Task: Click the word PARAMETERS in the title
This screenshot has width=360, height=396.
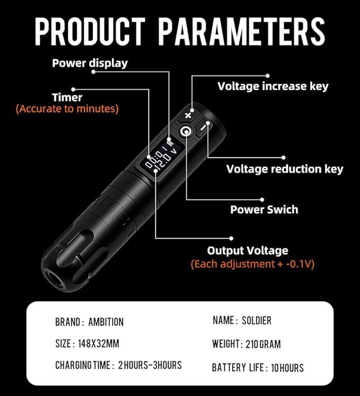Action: click(242, 31)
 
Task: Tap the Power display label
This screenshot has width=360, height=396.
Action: click(90, 63)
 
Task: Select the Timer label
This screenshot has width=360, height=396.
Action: click(67, 98)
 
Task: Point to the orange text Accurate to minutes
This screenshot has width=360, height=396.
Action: click(67, 109)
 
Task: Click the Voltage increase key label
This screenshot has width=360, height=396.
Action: click(273, 86)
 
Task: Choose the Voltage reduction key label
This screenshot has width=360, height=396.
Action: click(285, 169)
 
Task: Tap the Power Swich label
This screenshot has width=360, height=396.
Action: click(264, 209)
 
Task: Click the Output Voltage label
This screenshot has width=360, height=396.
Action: click(248, 250)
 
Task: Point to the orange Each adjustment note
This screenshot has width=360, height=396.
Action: click(252, 263)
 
